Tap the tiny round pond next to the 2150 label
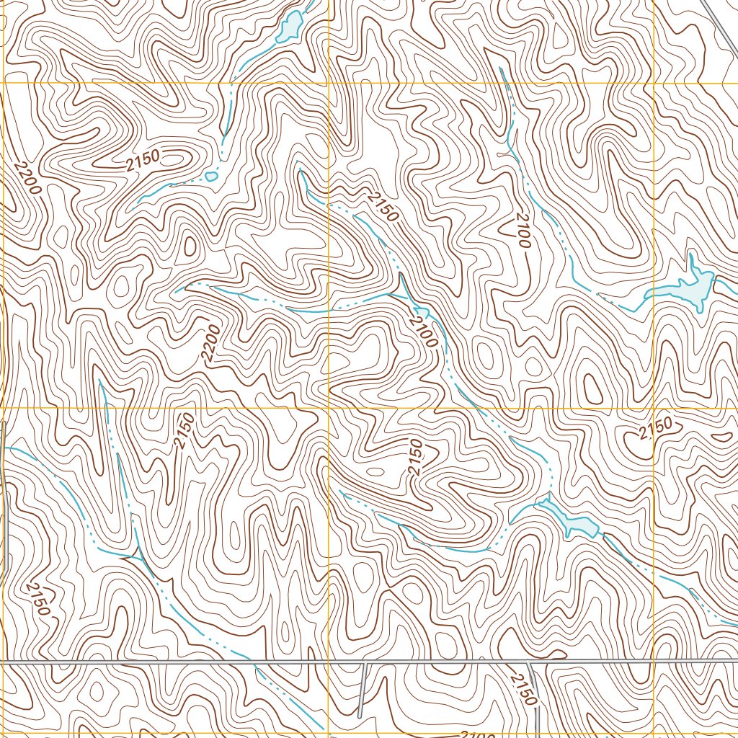(x=211, y=175)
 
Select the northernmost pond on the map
(x=290, y=26)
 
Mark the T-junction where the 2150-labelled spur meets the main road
(x=528, y=662)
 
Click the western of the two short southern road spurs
(x=362, y=688)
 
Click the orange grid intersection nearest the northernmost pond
(x=329, y=84)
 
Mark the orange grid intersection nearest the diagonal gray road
(x=654, y=84)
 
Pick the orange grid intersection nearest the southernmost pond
(x=654, y=408)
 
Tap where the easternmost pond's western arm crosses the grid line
(x=654, y=292)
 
